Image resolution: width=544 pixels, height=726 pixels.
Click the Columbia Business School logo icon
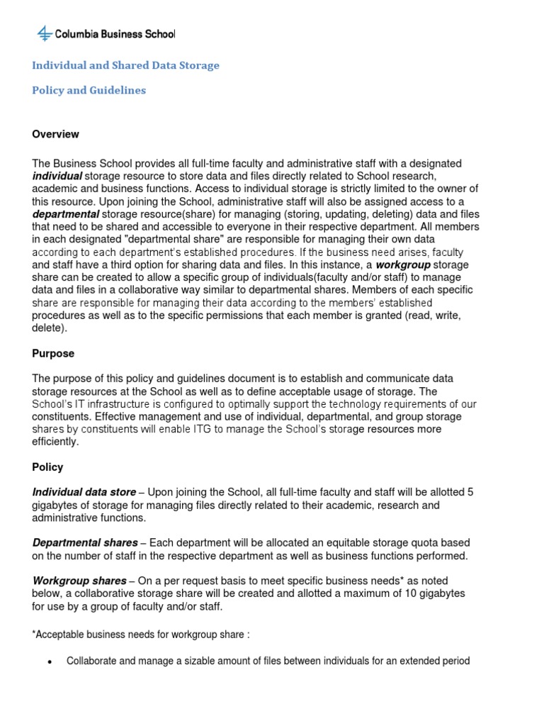click(x=44, y=33)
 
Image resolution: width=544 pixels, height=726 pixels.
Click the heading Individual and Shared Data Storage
click(x=125, y=65)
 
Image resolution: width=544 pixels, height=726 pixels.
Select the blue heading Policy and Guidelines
click(x=89, y=91)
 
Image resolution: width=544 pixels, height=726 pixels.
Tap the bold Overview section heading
click(x=55, y=134)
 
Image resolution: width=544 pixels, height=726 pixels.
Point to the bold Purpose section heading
click(x=53, y=353)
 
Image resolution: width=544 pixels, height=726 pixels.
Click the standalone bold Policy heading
click(x=47, y=467)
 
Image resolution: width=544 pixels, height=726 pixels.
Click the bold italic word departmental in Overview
click(x=65, y=214)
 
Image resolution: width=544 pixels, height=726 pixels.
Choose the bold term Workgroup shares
click(x=79, y=581)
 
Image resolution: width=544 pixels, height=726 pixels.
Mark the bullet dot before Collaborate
click(x=49, y=661)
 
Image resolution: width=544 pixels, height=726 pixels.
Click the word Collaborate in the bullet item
click(x=90, y=661)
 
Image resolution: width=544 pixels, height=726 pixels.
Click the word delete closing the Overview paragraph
click(x=47, y=328)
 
